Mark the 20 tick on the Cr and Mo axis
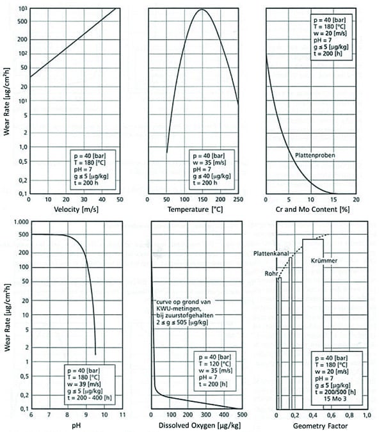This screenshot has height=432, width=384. click(356, 199)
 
